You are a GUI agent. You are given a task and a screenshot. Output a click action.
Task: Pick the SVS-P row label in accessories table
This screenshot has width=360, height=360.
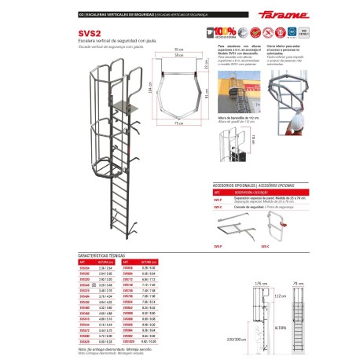[x=218, y=199]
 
